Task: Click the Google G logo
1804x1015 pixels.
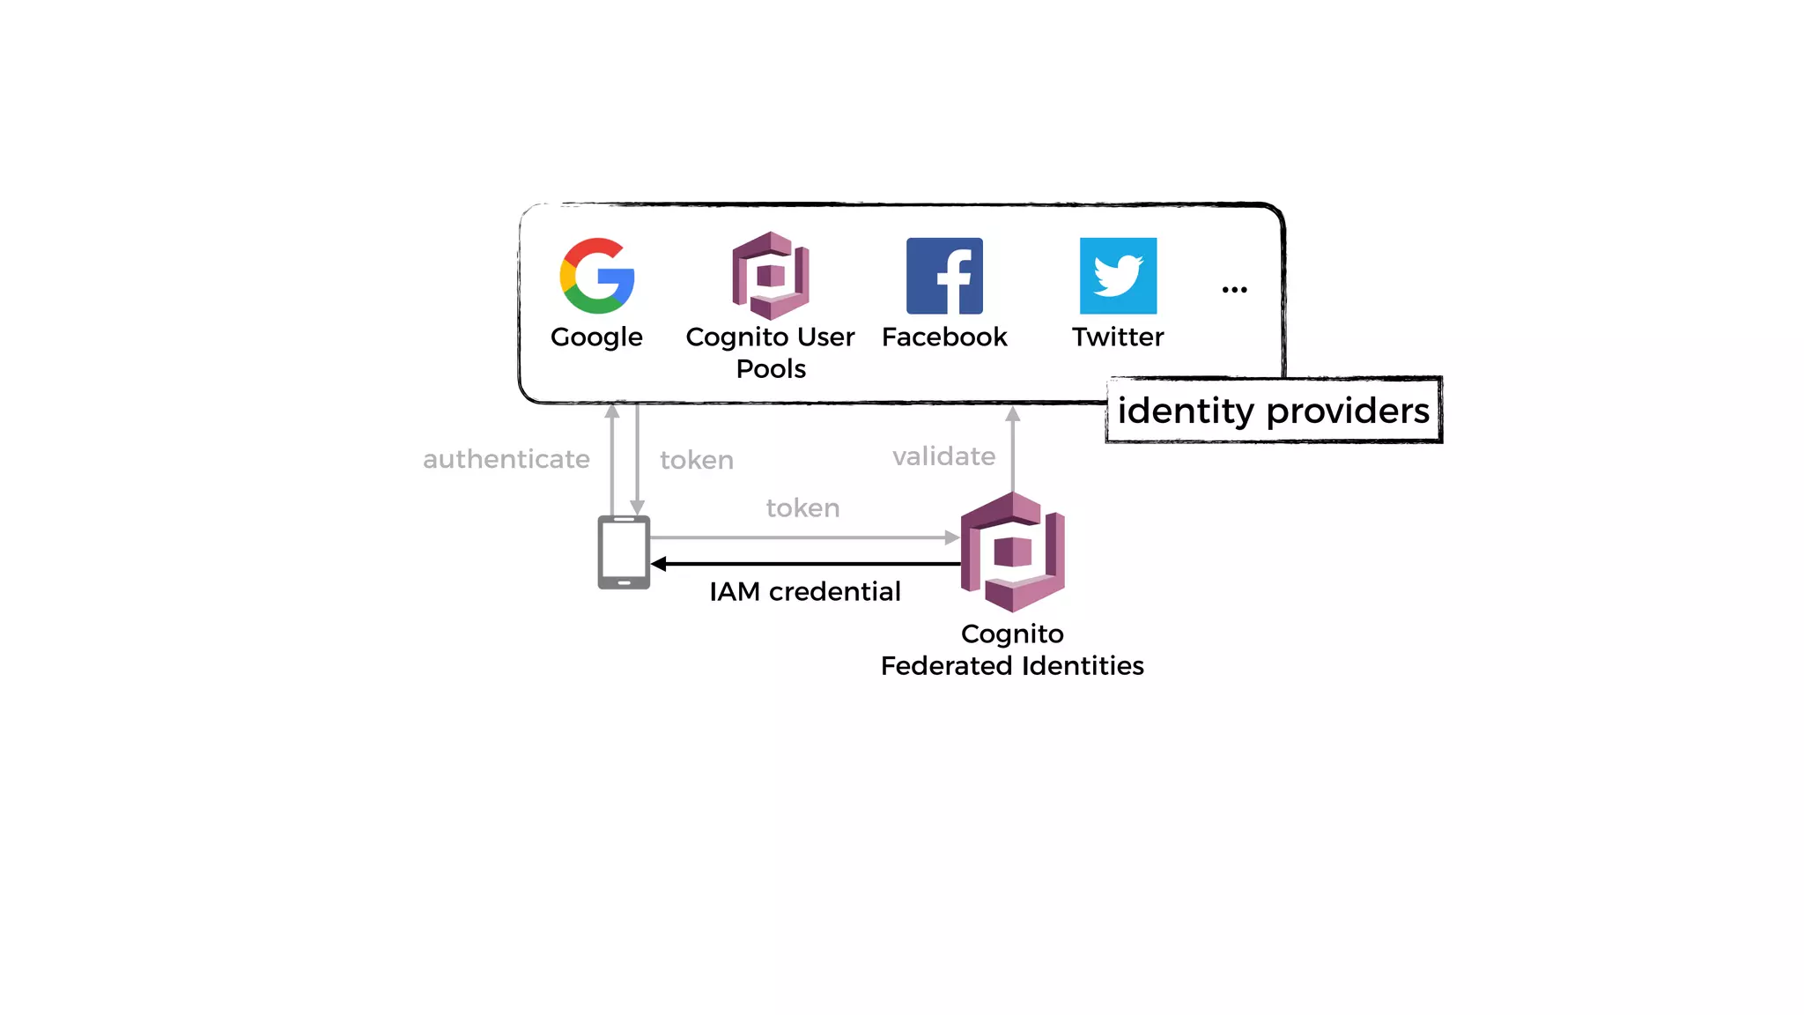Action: [597, 276]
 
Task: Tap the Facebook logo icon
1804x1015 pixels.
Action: [944, 276]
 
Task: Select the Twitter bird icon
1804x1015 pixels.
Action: [1118, 276]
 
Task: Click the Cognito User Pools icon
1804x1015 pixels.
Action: [771, 276]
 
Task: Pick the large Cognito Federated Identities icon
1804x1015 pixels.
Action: [1013, 552]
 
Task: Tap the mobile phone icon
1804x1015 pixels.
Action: [624, 552]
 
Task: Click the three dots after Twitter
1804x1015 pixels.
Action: [1234, 290]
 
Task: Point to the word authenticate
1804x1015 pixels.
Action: [506, 459]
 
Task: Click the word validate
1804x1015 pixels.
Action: [943, 456]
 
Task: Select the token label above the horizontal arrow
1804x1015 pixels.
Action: [802, 508]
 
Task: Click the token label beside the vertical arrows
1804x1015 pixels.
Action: [696, 460]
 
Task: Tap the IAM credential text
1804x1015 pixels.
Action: [804, 591]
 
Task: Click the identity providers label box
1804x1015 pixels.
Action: [1273, 411]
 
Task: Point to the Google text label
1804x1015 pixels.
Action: [596, 337]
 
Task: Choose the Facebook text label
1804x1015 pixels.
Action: [944, 337]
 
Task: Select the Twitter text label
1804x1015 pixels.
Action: [1118, 337]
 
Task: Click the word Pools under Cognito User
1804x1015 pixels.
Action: [771, 368]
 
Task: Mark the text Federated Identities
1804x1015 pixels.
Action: [1012, 665]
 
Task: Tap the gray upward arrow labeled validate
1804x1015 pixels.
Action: [1013, 449]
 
